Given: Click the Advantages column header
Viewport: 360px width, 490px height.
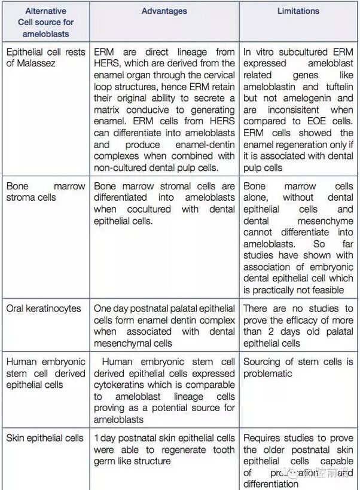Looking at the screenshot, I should tap(164, 11).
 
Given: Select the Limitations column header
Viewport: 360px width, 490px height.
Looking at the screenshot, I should tap(298, 11).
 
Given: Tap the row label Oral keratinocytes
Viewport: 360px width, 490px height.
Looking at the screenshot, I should tap(43, 308).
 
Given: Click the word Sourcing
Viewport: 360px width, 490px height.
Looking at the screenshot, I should tap(261, 362).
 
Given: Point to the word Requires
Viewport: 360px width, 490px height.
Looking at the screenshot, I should tap(262, 438).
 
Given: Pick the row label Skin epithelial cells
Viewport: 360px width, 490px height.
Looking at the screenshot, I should tap(45, 438).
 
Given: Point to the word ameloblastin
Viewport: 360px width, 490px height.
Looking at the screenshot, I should tap(270, 87).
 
